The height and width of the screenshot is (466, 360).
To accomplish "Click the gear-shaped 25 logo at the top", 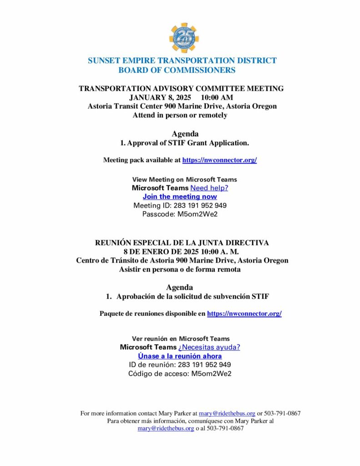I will pyautogui.click(x=184, y=38).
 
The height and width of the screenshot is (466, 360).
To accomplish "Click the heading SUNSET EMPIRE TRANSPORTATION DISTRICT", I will pyautogui.click(x=182, y=61).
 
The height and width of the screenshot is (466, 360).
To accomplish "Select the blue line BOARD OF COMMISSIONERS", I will pyautogui.click(x=177, y=70).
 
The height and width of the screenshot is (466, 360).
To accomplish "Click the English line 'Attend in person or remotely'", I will pyautogui.click(x=180, y=115).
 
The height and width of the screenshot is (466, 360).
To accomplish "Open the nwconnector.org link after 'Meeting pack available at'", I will pyautogui.click(x=219, y=160).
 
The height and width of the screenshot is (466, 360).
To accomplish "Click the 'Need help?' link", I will pyautogui.click(x=209, y=188).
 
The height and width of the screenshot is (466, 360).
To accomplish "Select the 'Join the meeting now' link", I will pyautogui.click(x=180, y=197).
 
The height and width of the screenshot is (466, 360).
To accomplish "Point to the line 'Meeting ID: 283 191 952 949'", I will pyautogui.click(x=180, y=205).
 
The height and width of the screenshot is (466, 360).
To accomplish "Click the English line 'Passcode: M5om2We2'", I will pyautogui.click(x=180, y=214).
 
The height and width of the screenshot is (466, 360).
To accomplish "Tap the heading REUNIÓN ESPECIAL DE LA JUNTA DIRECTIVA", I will pyautogui.click(x=182, y=243).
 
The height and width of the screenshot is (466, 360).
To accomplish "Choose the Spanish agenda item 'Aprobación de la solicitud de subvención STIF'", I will pyautogui.click(x=193, y=296).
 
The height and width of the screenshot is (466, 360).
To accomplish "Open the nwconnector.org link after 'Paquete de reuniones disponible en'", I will pyautogui.click(x=244, y=314).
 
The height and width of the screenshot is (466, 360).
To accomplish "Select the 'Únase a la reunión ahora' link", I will pyautogui.click(x=180, y=356).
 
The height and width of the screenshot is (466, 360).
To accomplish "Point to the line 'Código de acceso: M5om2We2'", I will pyautogui.click(x=180, y=374).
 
